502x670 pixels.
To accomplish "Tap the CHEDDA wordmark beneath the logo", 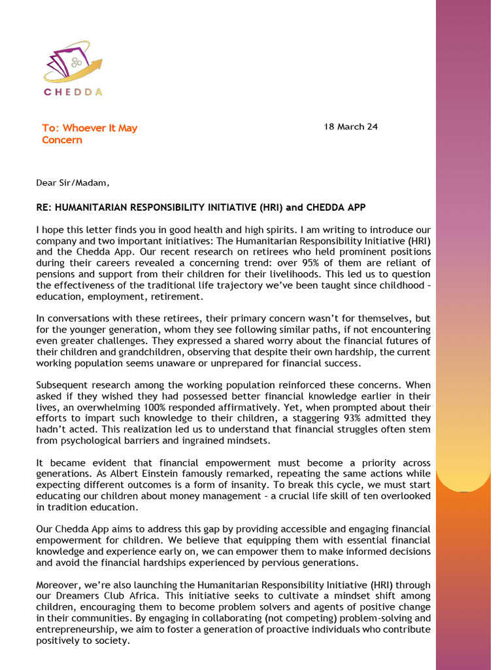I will pos(73,92).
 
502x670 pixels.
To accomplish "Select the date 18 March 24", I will pos(350,127).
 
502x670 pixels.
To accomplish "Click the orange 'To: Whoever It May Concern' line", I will pos(90,134).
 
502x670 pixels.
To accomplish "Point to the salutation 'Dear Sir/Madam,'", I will pos(69,183).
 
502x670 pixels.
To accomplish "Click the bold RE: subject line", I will pos(201,207).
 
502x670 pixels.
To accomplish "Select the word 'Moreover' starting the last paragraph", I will pos(58,585).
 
